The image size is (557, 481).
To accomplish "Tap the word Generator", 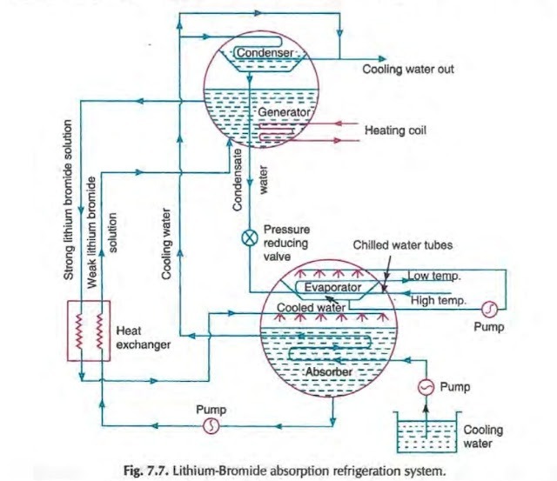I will pos(278,114).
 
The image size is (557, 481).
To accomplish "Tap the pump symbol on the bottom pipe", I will pos(210,424).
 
